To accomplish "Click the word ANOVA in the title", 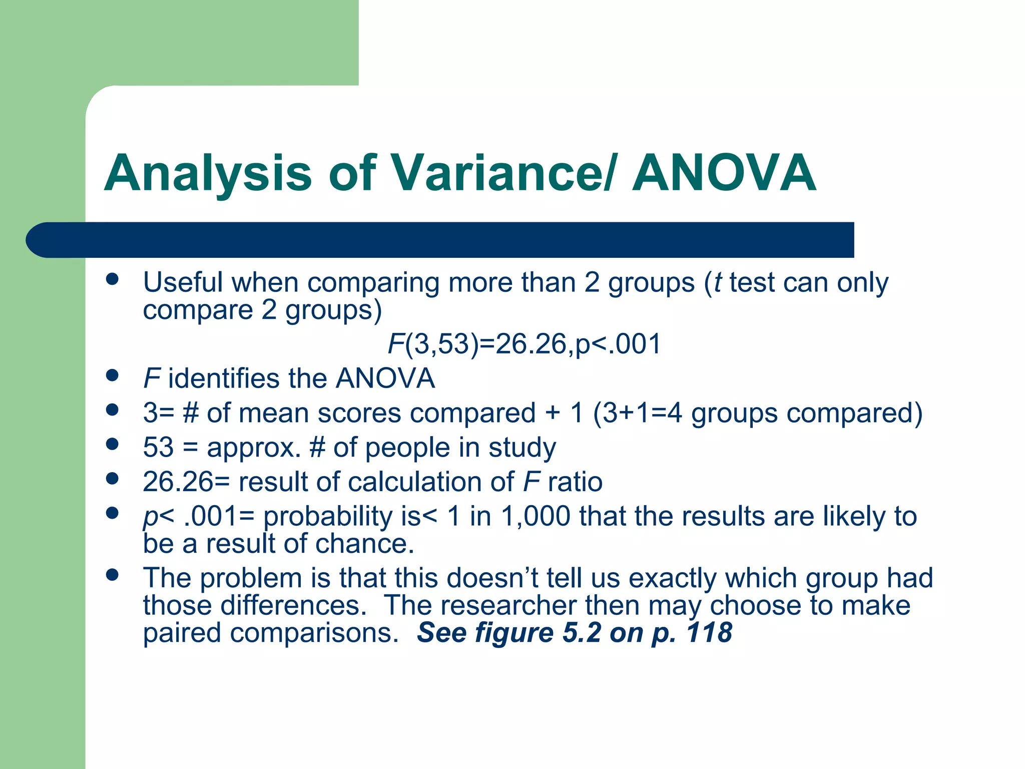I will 724,173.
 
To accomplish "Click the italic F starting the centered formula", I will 395,344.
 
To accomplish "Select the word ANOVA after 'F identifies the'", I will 385,378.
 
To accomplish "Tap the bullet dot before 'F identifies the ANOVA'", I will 113,375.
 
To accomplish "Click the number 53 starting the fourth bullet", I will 158,447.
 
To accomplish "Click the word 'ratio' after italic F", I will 575,482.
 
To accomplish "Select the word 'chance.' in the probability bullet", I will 365,544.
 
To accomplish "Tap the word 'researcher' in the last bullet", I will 508,605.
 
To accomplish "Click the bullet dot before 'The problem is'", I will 113,575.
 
